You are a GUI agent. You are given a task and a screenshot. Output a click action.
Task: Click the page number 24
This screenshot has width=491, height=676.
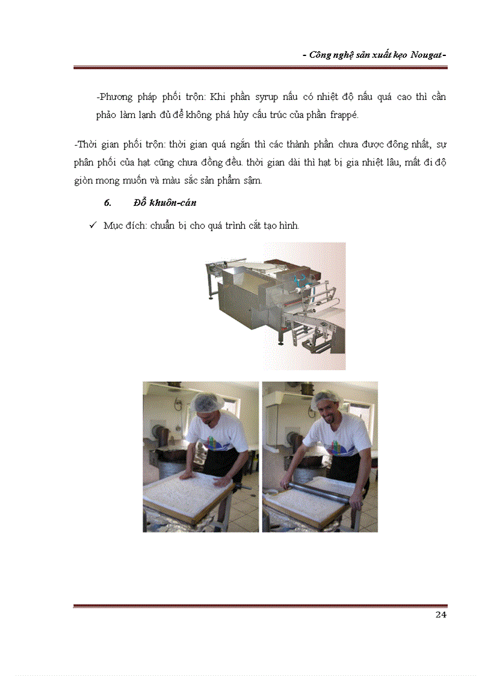click(440, 615)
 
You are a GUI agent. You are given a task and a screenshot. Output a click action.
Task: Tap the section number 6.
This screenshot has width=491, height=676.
click(108, 203)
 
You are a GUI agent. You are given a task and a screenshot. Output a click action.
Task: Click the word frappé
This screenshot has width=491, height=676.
click(344, 116)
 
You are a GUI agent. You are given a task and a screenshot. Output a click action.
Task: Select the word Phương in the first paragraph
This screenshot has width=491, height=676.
click(114, 97)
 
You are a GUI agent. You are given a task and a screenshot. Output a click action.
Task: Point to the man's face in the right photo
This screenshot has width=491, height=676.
click(329, 414)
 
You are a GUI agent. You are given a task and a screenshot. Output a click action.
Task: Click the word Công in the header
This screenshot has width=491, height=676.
click(323, 55)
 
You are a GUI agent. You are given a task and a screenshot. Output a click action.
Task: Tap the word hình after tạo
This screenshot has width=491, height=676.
click(288, 225)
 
